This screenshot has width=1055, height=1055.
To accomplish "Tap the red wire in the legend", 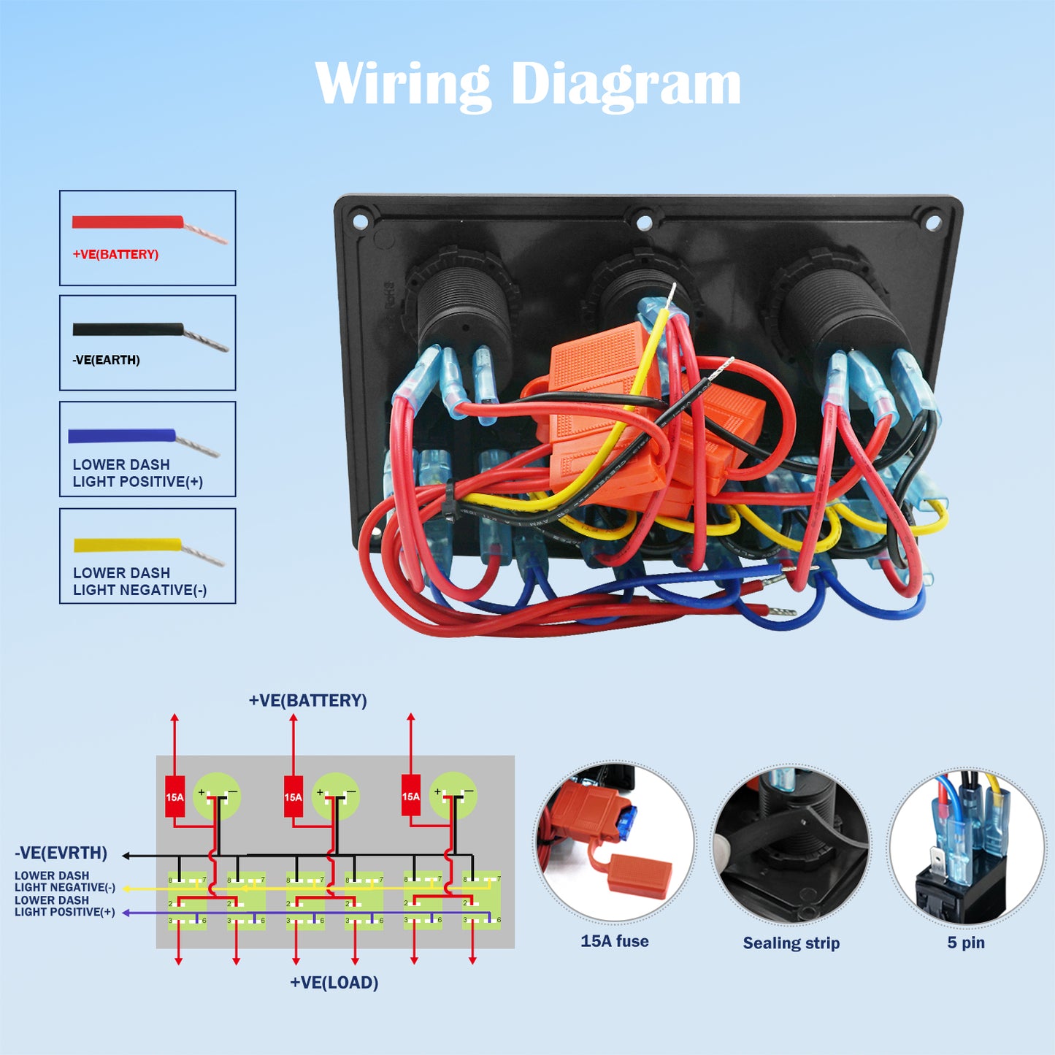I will coord(128,221).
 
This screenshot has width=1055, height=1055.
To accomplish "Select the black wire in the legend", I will coord(128,329).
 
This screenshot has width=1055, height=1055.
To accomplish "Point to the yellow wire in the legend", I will coord(127,545).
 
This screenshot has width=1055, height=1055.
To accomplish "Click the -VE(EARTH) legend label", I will coord(107,360).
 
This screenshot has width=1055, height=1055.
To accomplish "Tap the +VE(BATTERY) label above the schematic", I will coord(307,700).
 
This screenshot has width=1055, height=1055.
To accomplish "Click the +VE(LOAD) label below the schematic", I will coord(334,983).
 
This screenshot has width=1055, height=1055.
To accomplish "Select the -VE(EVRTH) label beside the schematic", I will coord(61,853).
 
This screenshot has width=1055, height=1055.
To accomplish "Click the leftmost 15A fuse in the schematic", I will coord(174,797).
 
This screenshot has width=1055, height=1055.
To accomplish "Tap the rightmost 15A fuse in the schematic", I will coord(411,797).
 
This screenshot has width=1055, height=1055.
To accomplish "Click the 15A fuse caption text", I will coord(615,941).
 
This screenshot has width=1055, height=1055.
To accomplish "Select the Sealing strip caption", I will coord(791,943).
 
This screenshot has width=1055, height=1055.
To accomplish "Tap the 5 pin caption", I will coord(966,943).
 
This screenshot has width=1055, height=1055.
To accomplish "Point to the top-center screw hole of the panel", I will coord(643,222).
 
